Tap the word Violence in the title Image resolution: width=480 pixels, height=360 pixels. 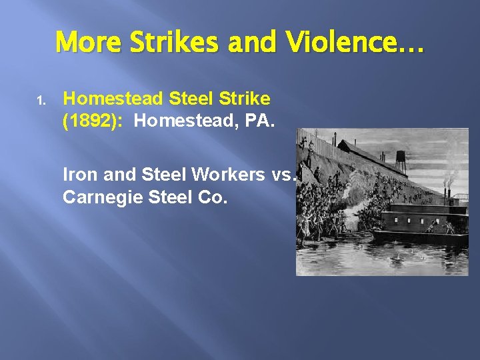337,43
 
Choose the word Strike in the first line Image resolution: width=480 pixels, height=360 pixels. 245,99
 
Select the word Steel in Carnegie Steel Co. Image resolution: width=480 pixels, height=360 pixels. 171,199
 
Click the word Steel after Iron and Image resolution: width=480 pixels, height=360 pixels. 163,175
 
